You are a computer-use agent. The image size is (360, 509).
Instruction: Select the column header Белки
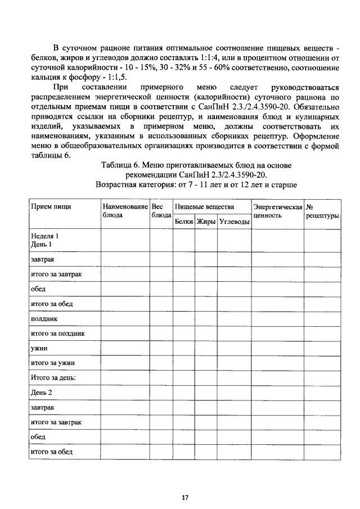[184, 222]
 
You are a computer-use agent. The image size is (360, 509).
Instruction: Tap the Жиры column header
[206, 222]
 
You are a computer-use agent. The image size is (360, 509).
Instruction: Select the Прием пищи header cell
[51, 207]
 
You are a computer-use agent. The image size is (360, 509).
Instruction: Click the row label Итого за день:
[53, 378]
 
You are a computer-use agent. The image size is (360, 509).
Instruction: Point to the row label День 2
[41, 393]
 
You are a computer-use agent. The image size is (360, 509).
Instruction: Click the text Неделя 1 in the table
[44, 236]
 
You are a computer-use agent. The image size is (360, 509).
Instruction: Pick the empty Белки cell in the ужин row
[184, 349]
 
